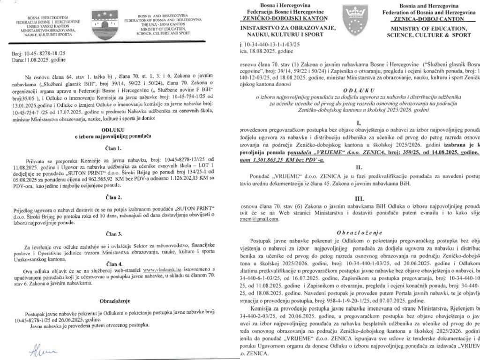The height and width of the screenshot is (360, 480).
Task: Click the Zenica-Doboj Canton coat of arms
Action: point(356,18)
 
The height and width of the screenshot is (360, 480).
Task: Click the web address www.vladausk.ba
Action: point(161,270)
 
